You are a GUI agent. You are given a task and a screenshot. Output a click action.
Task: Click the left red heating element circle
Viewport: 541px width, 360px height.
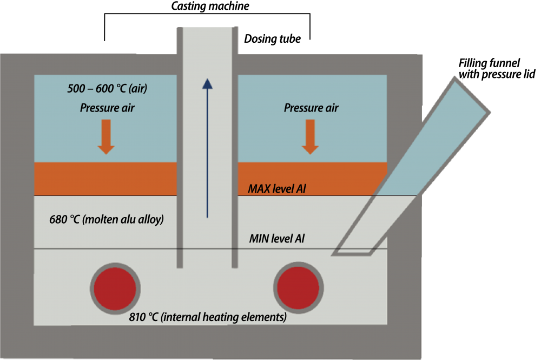pos(115,288)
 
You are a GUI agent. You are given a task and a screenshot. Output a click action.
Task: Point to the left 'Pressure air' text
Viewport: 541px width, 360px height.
pos(107,108)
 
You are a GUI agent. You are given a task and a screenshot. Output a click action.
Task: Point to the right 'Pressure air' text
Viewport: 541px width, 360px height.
pos(311,108)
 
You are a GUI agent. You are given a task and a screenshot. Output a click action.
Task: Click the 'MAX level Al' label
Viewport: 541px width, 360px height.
pos(277,189)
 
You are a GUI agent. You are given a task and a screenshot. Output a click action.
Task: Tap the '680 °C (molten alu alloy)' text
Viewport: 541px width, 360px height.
pos(106,220)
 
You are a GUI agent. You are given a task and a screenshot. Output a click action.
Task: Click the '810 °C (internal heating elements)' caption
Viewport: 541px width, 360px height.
pos(208,317)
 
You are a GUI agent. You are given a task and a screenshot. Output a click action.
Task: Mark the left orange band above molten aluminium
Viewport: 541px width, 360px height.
pos(106,179)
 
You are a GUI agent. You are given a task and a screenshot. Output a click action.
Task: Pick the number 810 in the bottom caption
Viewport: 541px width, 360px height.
pos(139,317)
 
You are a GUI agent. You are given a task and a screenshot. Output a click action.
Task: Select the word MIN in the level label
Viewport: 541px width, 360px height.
pos(259,238)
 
